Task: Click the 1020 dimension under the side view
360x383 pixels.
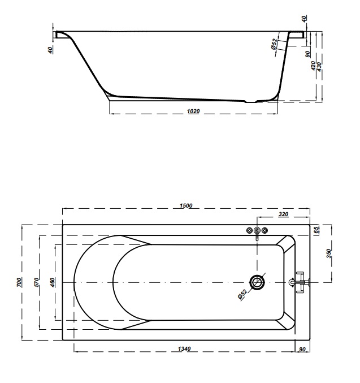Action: pos(193,111)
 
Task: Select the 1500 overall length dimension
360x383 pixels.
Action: pos(186,206)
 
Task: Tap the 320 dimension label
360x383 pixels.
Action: pos(283,214)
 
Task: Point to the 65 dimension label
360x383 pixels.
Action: pos(316,230)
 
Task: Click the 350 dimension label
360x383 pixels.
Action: pos(329,253)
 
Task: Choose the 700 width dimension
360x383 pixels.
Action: pos(19,282)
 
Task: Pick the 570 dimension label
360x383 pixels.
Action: pos(37,282)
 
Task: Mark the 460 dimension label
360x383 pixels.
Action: pos(53,282)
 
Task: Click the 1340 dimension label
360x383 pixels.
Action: pos(184,349)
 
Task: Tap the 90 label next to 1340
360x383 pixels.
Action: pos(302,350)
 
